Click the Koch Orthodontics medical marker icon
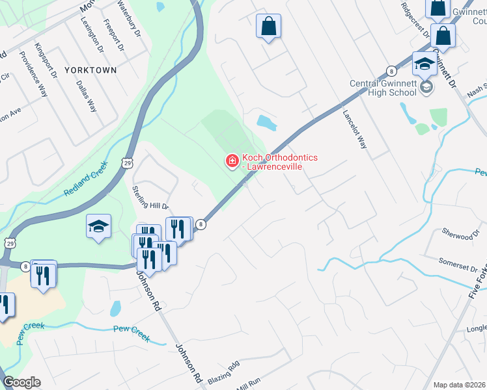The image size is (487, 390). click(231, 161)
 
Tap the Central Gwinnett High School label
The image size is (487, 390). click(383, 88)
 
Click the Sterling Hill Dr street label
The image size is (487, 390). click(150, 197)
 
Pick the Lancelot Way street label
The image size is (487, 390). click(355, 129)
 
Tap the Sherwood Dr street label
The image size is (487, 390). click(457, 234)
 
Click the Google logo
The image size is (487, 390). click(21, 382)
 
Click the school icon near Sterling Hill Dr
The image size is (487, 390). click(98, 226)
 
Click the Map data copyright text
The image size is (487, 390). click(459, 385)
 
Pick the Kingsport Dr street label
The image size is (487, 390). click(43, 58)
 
